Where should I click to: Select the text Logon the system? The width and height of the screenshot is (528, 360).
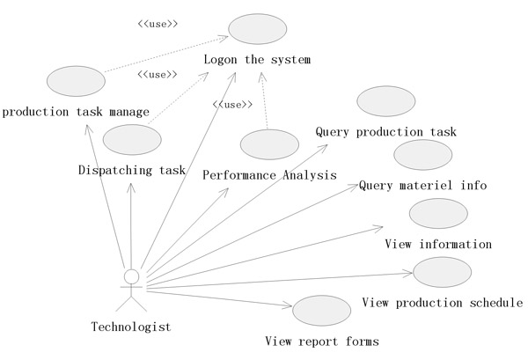tap(258, 60)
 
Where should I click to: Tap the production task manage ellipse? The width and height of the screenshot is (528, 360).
tap(74, 81)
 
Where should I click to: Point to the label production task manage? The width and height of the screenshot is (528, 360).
tap(75, 112)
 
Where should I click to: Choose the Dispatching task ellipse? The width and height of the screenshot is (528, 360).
tap(131, 140)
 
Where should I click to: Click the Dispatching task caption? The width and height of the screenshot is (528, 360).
tap(131, 170)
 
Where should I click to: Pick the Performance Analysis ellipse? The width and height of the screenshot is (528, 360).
tap(268, 144)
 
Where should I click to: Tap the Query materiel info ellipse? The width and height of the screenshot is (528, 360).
tap(422, 155)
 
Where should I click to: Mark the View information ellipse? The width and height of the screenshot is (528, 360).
tap(438, 214)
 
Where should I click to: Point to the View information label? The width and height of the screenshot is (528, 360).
tap(438, 244)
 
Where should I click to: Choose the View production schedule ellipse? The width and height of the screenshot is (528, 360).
tap(442, 272)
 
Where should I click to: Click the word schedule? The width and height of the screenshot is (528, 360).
tap(494, 303)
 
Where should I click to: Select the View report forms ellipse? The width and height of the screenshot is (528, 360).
tap(321, 310)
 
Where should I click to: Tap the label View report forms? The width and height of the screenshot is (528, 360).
tap(322, 341)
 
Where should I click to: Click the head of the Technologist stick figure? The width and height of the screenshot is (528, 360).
tap(132, 277)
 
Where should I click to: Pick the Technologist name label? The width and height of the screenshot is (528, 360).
tap(131, 327)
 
